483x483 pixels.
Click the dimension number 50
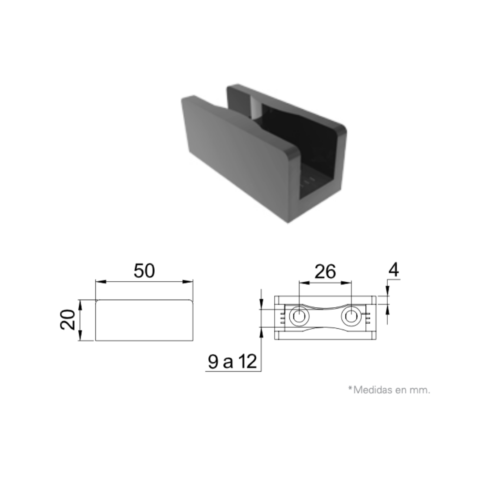[x=144, y=271]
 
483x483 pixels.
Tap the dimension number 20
[x=68, y=320]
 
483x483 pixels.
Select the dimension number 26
[x=325, y=272]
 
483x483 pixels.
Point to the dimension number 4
[x=394, y=270]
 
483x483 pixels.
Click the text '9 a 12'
[x=232, y=361]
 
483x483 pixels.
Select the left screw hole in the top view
[x=298, y=316]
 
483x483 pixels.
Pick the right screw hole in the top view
[x=350, y=316]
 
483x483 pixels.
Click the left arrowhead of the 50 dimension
[x=101, y=282]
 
